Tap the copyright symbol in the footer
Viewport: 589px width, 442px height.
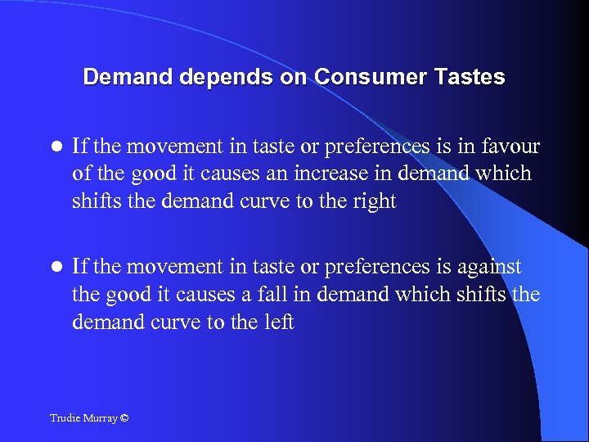click(x=124, y=418)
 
